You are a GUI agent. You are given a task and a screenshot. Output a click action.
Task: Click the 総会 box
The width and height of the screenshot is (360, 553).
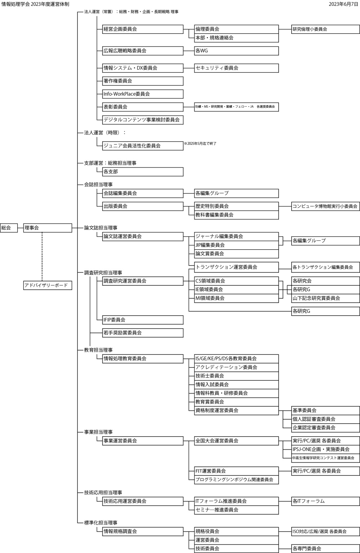click(x=9, y=228)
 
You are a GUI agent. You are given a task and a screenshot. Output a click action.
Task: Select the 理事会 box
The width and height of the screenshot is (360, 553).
click(x=48, y=228)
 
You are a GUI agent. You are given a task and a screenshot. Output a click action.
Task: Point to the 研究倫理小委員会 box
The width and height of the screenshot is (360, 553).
click(x=325, y=29)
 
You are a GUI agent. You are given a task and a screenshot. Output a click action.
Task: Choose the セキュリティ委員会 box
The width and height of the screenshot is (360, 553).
click(x=236, y=68)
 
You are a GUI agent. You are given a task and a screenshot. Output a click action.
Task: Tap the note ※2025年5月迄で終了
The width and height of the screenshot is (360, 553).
click(x=200, y=143)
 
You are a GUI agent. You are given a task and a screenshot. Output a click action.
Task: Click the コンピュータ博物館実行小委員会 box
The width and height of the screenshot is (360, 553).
click(x=325, y=206)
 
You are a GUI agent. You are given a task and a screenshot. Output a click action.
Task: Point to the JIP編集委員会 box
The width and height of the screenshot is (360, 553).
click(x=236, y=245)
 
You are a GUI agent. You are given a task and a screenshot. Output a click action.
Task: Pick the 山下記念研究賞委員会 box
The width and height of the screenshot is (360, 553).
click(x=325, y=298)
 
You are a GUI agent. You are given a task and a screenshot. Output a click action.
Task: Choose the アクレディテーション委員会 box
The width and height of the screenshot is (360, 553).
click(x=236, y=367)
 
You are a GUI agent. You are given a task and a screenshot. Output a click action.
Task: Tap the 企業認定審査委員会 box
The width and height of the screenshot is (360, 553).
click(x=325, y=428)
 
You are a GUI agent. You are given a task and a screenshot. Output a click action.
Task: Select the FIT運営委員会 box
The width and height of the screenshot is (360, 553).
click(x=236, y=471)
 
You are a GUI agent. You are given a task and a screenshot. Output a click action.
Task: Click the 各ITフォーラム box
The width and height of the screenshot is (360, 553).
click(x=325, y=501)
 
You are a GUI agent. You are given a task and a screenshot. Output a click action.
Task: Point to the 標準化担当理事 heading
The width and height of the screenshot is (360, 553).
click(x=101, y=522)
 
